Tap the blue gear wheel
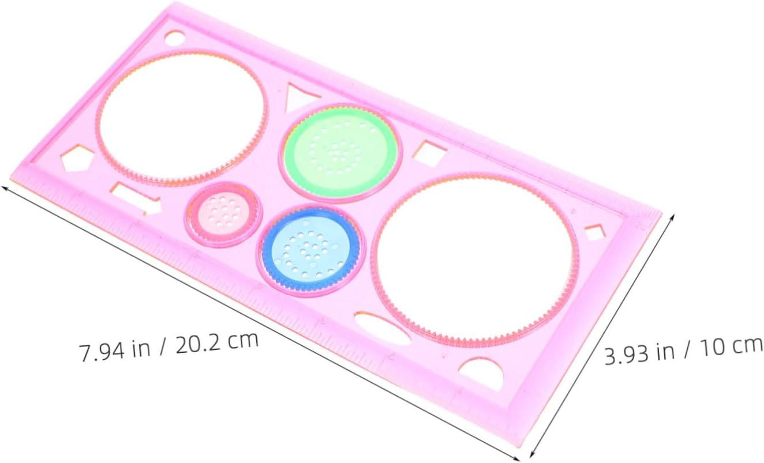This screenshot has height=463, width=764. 311,251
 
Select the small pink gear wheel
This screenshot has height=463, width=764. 224,214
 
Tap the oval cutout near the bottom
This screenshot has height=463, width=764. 383,329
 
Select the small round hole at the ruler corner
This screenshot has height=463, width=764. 175,37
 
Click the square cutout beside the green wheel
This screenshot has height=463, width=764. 430,153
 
